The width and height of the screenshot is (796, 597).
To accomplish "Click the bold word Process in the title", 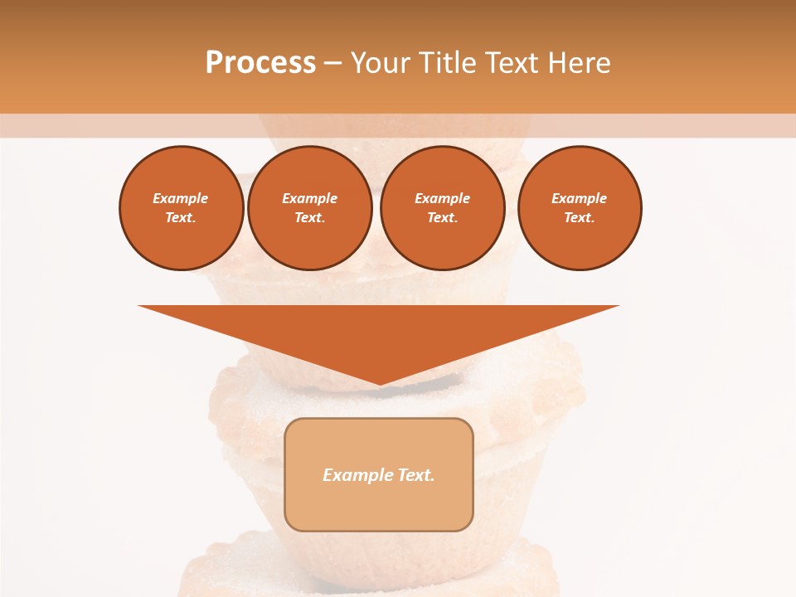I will [260, 63].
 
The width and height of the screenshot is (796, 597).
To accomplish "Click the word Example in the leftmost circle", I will [181, 198].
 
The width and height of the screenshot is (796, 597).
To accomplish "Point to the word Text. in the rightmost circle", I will [580, 217].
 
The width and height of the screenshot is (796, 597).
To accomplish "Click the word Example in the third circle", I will [442, 198].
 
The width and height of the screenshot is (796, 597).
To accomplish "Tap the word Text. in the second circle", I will [309, 217].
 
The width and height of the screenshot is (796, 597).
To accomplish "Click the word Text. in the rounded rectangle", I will [415, 475].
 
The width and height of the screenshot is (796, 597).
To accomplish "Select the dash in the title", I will [332, 63].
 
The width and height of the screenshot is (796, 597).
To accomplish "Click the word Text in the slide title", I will [509, 63].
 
